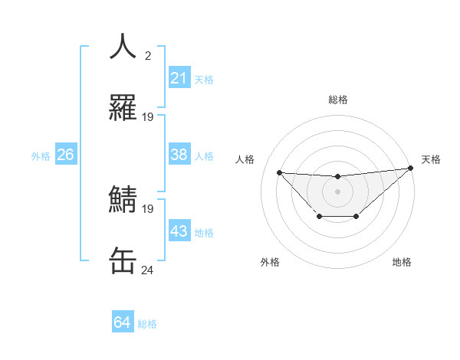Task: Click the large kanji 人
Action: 123,46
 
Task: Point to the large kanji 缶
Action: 123,260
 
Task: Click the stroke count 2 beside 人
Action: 147,55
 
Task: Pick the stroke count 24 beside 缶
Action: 147,270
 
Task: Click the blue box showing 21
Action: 179,78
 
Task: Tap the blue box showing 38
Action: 179,155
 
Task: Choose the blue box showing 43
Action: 179,231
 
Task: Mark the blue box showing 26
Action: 65,155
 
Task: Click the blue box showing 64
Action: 122,322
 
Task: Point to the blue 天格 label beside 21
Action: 204,79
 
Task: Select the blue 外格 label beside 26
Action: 41,155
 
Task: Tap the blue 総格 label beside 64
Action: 147,323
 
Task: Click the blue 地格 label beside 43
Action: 204,232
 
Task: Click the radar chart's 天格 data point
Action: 411,169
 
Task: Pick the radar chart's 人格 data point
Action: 279,172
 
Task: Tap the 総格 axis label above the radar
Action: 337,100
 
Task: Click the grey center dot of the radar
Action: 337,191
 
